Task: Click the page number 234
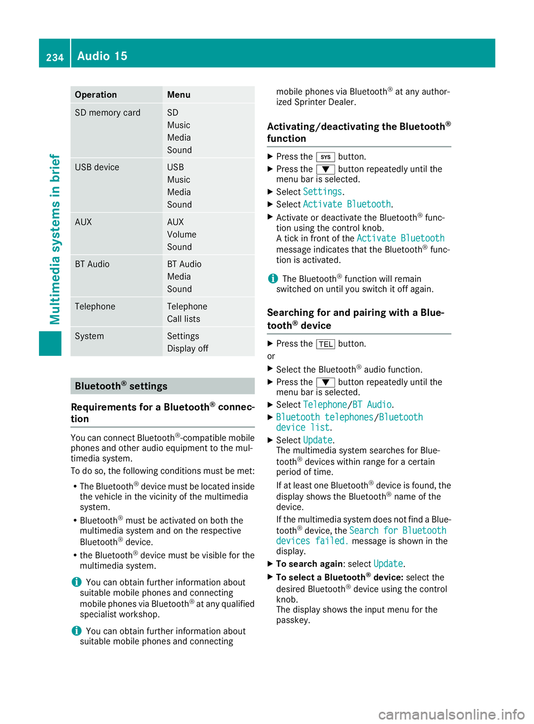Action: [x=55, y=57]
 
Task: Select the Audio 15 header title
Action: [x=102, y=56]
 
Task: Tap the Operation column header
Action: [x=96, y=95]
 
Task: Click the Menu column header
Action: [x=179, y=95]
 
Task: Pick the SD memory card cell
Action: [x=107, y=113]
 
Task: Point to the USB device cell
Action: [x=97, y=167]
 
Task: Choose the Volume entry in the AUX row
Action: [x=181, y=235]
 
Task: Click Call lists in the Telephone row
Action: [x=184, y=319]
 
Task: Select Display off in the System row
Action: [x=187, y=349]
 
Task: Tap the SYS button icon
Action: [x=325, y=157]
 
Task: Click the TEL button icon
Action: [x=325, y=344]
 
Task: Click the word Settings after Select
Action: [x=322, y=192]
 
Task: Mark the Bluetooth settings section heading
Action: [x=121, y=386]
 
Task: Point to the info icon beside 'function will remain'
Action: [x=273, y=279]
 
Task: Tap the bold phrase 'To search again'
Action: [x=309, y=564]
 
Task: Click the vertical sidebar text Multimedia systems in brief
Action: [x=55, y=239]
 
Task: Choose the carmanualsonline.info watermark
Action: [x=451, y=714]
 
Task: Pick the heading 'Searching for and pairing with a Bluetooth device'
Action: [x=355, y=319]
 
